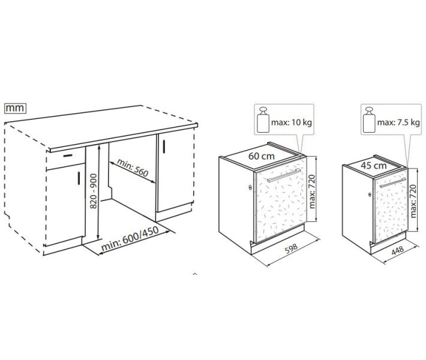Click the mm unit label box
(x=15, y=108)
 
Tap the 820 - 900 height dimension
(x=93, y=191)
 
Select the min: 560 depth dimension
(x=133, y=167)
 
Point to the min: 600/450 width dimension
(x=130, y=239)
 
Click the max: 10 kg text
(x=292, y=122)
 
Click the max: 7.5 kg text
(x=398, y=122)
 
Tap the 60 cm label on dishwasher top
(x=262, y=156)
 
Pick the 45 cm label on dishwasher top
(x=374, y=165)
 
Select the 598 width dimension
(x=291, y=248)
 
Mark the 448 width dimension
(x=397, y=251)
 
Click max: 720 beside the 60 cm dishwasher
(x=312, y=191)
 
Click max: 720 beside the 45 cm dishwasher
(x=413, y=201)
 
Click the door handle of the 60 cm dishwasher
(x=284, y=175)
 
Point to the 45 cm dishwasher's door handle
(x=392, y=182)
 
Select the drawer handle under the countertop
(x=68, y=155)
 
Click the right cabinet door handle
(x=164, y=146)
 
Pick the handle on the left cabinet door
(x=79, y=178)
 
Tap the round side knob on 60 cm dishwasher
(x=250, y=187)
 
